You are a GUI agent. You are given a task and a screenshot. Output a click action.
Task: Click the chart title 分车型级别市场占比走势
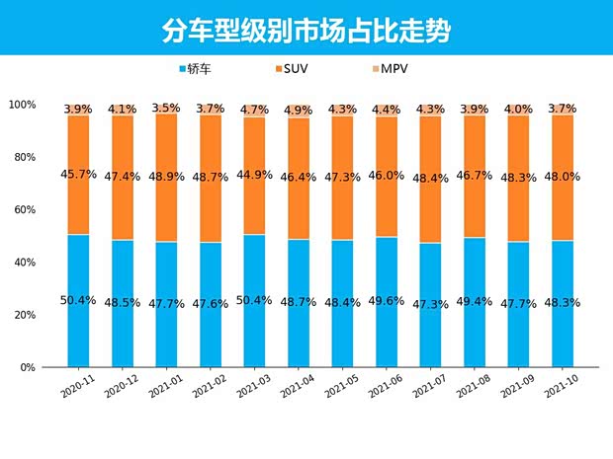tap(306, 31)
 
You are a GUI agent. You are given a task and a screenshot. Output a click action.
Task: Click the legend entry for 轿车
tap(195, 69)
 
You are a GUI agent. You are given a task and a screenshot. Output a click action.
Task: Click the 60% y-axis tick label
tap(24, 210)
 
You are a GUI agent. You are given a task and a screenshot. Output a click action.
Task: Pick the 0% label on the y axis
tap(28, 367)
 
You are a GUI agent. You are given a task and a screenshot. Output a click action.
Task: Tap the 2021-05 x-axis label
tap(339, 386)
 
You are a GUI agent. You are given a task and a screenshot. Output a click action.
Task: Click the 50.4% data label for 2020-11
tap(78, 300)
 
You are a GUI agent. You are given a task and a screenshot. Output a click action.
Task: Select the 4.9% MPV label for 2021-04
tap(298, 111)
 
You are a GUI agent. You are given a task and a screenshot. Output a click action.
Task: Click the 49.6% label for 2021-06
tap(386, 301)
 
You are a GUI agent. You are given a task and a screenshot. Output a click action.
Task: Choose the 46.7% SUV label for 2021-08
tap(474, 175)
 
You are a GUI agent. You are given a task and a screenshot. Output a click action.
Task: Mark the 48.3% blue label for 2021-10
tap(562, 302)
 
